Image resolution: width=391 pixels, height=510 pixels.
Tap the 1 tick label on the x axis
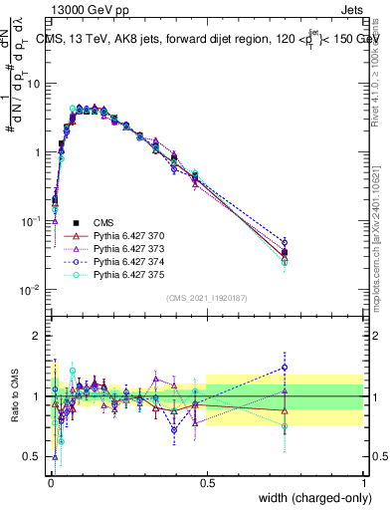point(363,483)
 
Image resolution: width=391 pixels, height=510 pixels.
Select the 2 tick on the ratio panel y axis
point(38,336)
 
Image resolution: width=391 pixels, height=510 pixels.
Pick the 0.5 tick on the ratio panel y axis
point(33,456)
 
